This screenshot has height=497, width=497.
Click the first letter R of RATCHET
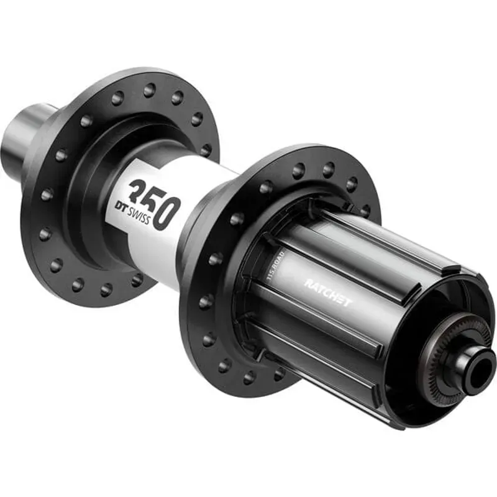[308, 284]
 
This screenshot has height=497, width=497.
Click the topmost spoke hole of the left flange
[149, 91]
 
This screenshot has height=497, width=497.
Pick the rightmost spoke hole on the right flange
[365, 211]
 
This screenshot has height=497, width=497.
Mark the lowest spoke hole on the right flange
[249, 376]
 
